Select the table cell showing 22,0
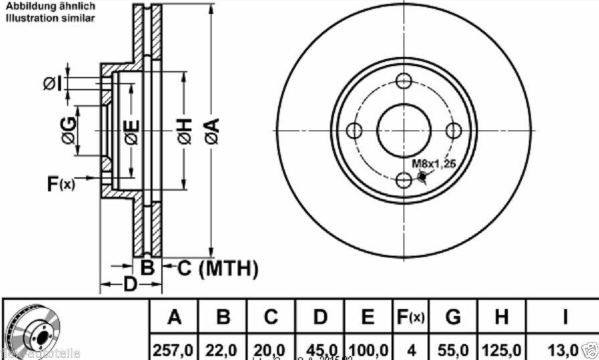pyautogui.click(x=224, y=349)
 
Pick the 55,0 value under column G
pyautogui.click(x=453, y=349)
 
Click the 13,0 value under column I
pyautogui.click(x=562, y=349)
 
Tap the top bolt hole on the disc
pyautogui.click(x=403, y=81)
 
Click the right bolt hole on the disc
pyautogui.click(x=454, y=130)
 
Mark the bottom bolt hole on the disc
pyautogui.click(x=403, y=179)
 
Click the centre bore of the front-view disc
pyautogui.click(x=403, y=130)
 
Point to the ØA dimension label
pyautogui.click(x=210, y=130)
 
